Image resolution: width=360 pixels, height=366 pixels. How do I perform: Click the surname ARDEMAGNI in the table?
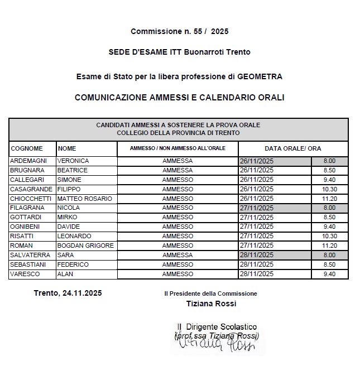(x=28, y=161)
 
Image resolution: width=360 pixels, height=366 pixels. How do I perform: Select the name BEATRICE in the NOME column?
(x=72, y=170)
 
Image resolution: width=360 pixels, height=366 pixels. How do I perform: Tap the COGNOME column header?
(x=27, y=148)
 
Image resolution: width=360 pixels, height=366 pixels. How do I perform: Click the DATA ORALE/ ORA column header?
(x=292, y=148)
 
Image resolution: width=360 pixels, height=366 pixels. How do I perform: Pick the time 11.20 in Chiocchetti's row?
(x=329, y=199)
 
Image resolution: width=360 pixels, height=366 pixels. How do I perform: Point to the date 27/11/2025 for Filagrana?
(x=256, y=208)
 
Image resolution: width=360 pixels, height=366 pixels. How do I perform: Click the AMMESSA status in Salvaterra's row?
(x=177, y=255)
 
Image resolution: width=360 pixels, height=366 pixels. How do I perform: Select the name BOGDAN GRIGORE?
(x=85, y=245)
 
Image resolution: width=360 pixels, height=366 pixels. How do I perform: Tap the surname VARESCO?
(x=25, y=274)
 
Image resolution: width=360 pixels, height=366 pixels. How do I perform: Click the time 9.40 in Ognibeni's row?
(x=329, y=227)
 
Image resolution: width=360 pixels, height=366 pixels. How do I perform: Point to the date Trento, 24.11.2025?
(x=68, y=293)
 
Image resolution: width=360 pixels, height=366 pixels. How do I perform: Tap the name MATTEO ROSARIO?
(x=85, y=199)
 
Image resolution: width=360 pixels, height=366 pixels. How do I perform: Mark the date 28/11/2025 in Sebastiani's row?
(x=256, y=264)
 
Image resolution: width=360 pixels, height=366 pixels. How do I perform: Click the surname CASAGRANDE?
(x=31, y=189)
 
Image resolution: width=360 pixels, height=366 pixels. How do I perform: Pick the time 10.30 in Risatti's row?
(x=329, y=236)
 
